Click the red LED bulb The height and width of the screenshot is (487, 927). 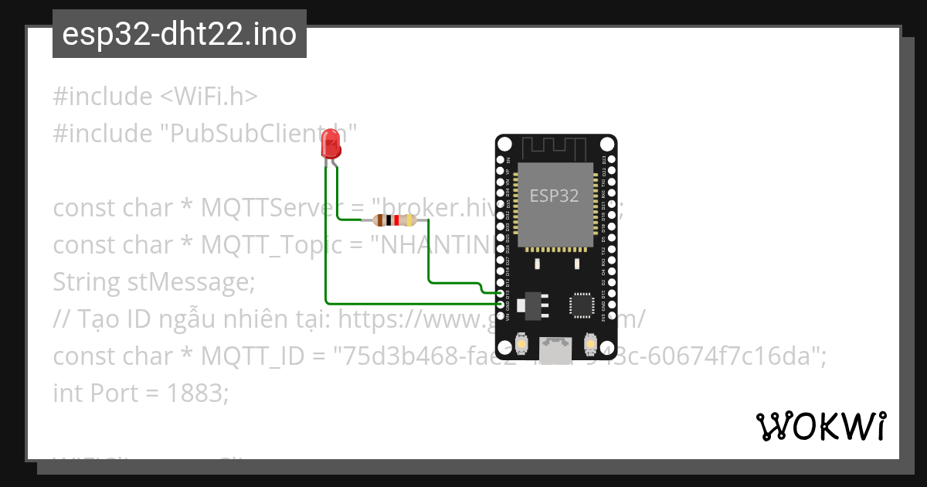(x=331, y=143)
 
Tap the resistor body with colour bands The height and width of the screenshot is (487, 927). (x=395, y=220)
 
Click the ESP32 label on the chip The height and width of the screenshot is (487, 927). (x=554, y=196)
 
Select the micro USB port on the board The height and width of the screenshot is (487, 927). (x=555, y=350)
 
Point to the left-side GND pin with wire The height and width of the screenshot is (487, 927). (x=501, y=305)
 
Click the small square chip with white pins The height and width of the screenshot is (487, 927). (x=582, y=305)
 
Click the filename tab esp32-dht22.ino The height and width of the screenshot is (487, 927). (x=179, y=35)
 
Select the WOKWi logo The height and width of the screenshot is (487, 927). (x=820, y=426)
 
